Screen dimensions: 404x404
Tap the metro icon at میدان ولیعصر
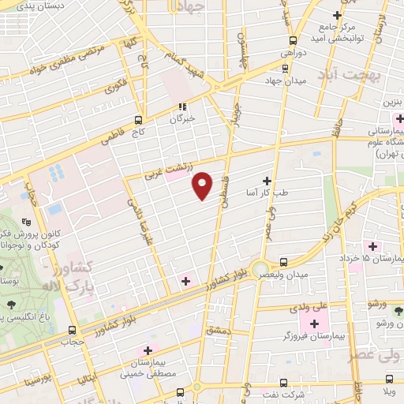283,261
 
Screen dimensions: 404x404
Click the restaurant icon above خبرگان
182,106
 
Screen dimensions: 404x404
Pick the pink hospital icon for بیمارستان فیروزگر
316,324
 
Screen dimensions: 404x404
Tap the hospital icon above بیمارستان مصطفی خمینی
147,350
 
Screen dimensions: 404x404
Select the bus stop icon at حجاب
72,331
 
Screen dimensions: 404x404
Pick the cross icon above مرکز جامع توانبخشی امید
337,15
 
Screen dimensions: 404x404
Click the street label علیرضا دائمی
140,222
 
